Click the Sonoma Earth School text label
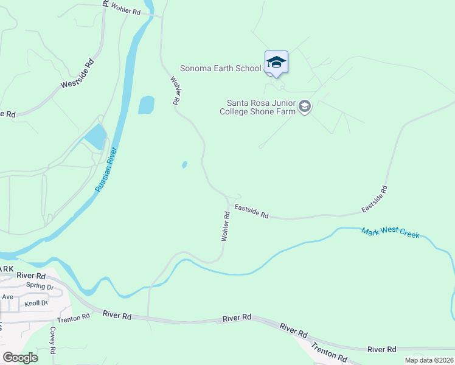click(x=220, y=68)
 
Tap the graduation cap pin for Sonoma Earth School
click(x=276, y=62)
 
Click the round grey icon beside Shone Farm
click(x=305, y=108)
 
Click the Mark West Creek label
click(x=390, y=232)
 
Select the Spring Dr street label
click(x=40, y=287)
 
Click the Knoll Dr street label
click(x=36, y=303)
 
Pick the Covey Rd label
click(x=54, y=340)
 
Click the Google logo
click(x=20, y=358)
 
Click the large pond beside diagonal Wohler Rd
click(x=147, y=105)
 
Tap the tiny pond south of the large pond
click(x=184, y=164)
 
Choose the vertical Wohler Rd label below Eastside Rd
click(x=225, y=226)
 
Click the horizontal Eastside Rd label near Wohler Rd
click(x=252, y=211)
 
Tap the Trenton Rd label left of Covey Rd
click(x=74, y=317)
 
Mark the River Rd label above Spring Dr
click(x=28, y=276)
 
